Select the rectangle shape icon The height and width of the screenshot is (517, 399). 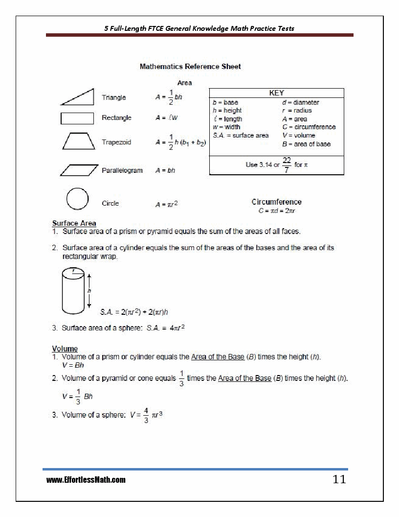pyautogui.click(x=77, y=118)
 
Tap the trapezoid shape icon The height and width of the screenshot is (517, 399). pyautogui.click(x=78, y=141)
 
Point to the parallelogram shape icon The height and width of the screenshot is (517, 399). pyautogui.click(x=79, y=170)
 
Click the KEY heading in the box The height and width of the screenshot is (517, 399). pyautogui.click(x=276, y=93)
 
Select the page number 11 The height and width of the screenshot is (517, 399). pyautogui.click(x=339, y=479)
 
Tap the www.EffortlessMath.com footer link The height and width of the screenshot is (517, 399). pyautogui.click(x=86, y=480)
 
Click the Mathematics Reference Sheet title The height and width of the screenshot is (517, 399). pyautogui.click(x=190, y=67)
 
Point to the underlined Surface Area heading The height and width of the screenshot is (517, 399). pyautogui.click(x=74, y=223)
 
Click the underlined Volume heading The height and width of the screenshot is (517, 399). pyautogui.click(x=65, y=349)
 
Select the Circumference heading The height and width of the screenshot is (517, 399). pyautogui.click(x=276, y=202)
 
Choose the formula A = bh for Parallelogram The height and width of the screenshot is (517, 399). pyautogui.click(x=165, y=170)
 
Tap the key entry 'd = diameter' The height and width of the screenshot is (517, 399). pyautogui.click(x=300, y=102)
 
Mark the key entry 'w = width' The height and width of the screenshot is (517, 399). pyautogui.click(x=226, y=127)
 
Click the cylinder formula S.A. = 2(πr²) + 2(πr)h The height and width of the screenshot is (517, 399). pyautogui.click(x=137, y=311)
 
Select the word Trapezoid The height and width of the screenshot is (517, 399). pyautogui.click(x=116, y=142)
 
